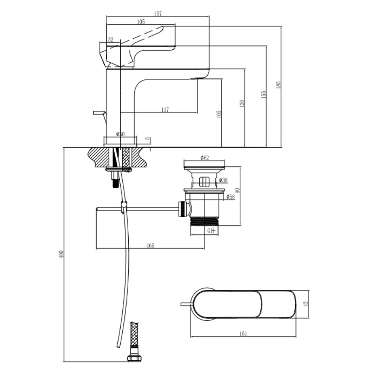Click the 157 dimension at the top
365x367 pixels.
(x=158, y=14)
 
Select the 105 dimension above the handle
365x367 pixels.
(x=141, y=22)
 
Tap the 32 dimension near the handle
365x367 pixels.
(x=111, y=40)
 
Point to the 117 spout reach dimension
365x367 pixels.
(x=165, y=110)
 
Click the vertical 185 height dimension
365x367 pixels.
(x=278, y=84)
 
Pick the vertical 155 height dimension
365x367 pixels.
(x=263, y=95)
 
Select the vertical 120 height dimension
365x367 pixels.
(x=241, y=104)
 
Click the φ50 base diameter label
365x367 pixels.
(x=121, y=134)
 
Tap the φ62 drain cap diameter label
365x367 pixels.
(x=205, y=158)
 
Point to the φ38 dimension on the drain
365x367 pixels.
(x=223, y=180)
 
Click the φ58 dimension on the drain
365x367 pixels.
(x=230, y=197)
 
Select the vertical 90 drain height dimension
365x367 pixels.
(x=237, y=191)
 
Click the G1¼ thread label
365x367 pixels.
(x=211, y=231)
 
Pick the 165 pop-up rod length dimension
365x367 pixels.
(x=151, y=245)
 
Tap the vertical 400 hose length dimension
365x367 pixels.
(x=61, y=255)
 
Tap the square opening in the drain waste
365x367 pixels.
(x=204, y=182)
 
